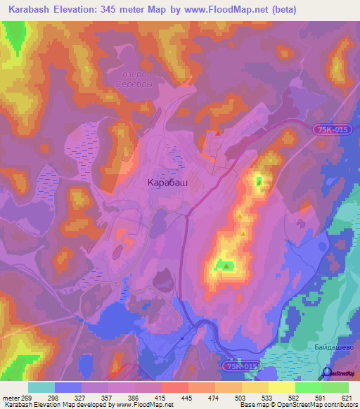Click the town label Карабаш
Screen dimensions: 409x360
[x=167, y=182]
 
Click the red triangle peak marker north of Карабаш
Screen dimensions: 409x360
[x=219, y=132]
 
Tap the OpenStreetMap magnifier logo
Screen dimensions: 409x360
[x=327, y=373]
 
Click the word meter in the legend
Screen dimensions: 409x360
[x=10, y=398]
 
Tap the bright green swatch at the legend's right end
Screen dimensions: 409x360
[x=335, y=387]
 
